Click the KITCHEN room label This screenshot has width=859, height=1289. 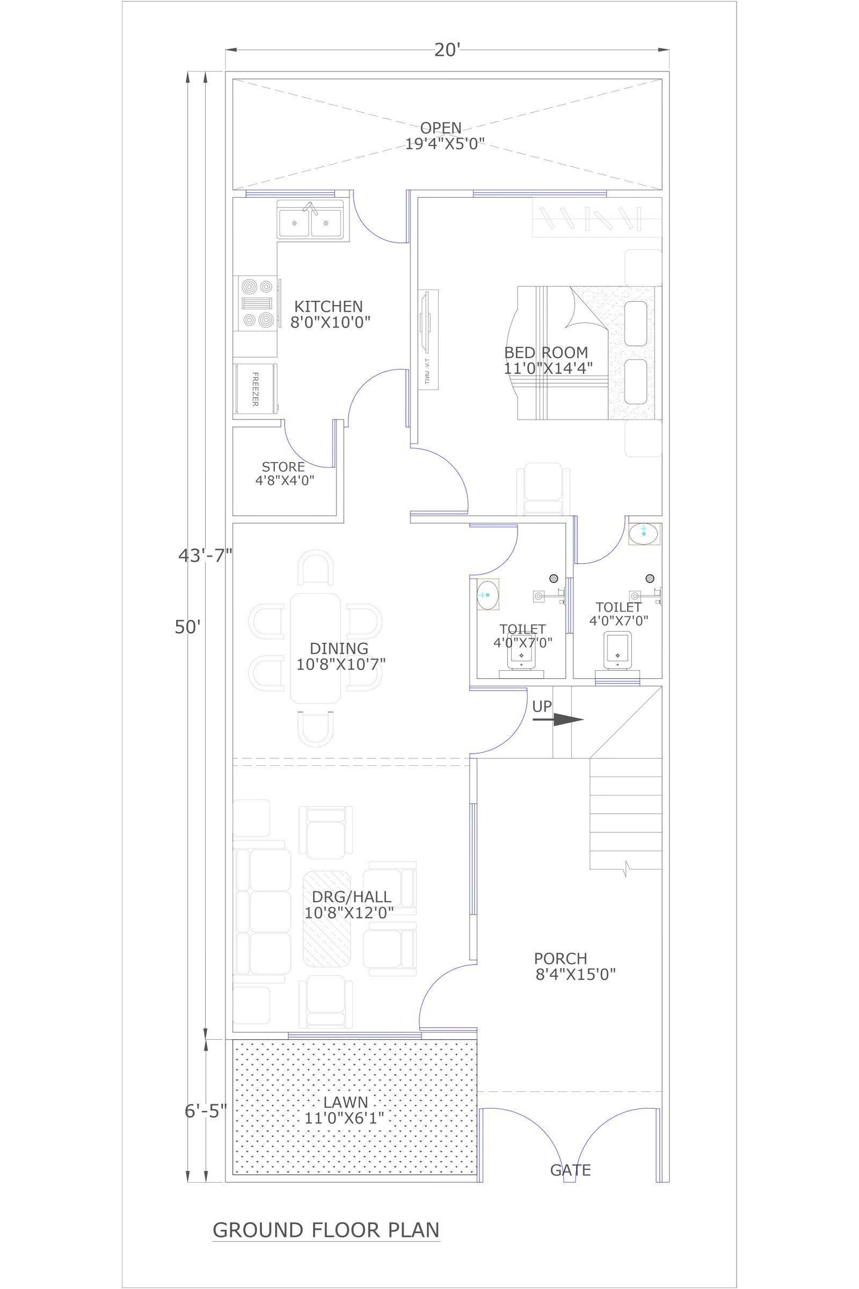click(329, 306)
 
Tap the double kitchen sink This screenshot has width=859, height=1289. click(311, 220)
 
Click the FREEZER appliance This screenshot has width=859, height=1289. click(256, 388)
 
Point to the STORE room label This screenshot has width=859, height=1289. click(283, 467)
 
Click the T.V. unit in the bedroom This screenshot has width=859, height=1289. click(428, 340)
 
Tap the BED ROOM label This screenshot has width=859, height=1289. click(546, 352)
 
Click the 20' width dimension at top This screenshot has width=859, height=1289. click(447, 50)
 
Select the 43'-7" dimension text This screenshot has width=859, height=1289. click(206, 556)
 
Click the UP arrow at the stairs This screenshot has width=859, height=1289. click(558, 720)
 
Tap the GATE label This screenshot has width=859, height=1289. click(570, 1170)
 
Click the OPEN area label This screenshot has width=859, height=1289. click(441, 128)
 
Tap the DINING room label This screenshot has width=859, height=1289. click(339, 648)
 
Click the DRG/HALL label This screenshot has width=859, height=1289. click(352, 896)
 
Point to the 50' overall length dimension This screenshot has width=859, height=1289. click(188, 627)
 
